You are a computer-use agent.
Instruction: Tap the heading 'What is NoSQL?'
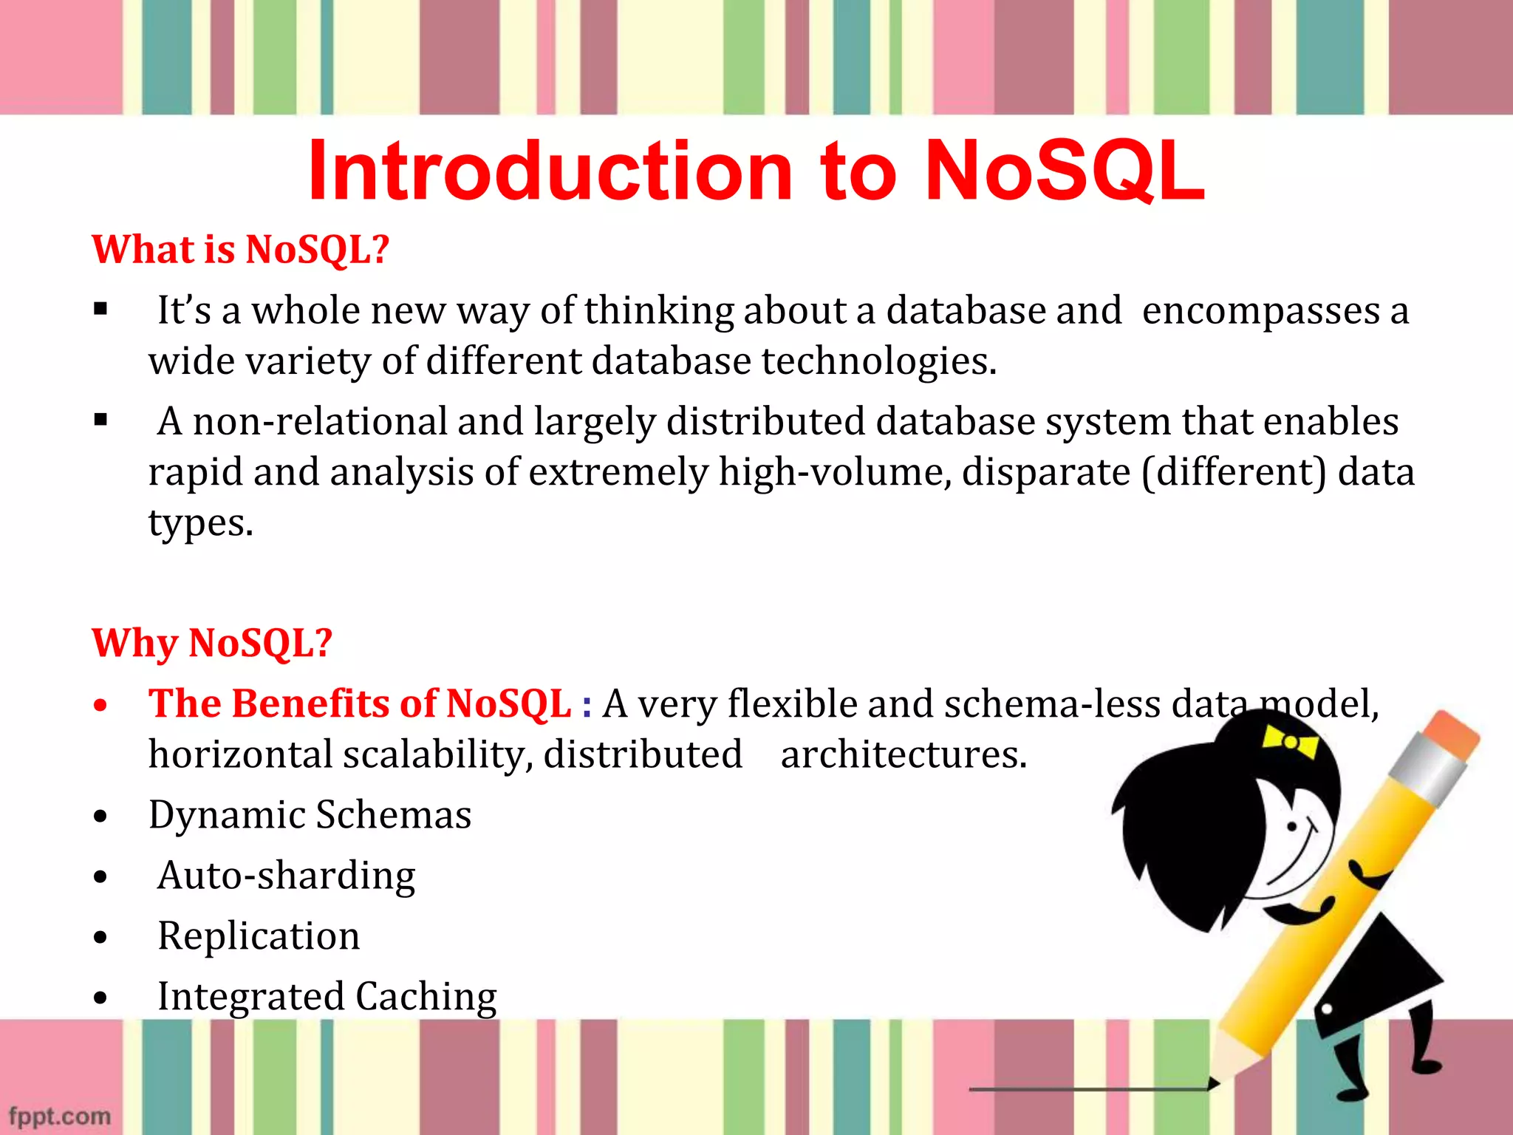[x=240, y=250]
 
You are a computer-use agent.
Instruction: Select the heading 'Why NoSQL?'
[x=212, y=643]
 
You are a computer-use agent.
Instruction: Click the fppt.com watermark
[x=60, y=1116]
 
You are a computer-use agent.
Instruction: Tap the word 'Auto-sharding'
[x=287, y=876]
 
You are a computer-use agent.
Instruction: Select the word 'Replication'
[x=259, y=936]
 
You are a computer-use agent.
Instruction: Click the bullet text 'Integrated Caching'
[x=327, y=997]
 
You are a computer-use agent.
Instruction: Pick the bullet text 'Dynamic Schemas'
[x=310, y=815]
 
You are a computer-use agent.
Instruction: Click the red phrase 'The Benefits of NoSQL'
[x=360, y=703]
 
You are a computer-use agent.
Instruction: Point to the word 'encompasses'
[x=1260, y=311]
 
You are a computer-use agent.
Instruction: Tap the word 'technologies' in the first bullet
[x=878, y=361]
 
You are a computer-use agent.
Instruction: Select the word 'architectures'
[x=904, y=755]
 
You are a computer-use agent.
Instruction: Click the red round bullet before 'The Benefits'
[x=101, y=706]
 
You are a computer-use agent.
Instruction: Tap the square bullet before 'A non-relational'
[x=101, y=420]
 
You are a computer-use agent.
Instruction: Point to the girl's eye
[x=1292, y=826]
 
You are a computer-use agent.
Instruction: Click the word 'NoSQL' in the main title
[x=1065, y=172]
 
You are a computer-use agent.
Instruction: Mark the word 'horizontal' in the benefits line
[x=240, y=755]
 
